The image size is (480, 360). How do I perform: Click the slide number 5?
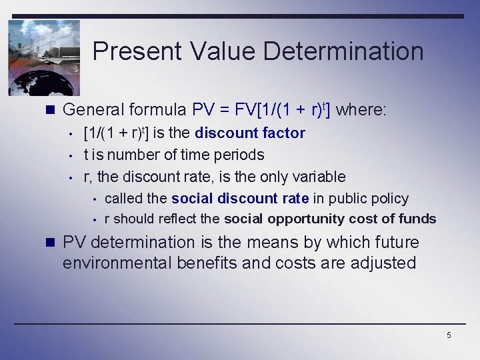449,335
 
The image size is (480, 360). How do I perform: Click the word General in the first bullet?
93,109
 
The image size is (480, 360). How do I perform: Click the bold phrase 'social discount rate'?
239,198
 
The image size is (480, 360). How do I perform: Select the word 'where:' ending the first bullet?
361,109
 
